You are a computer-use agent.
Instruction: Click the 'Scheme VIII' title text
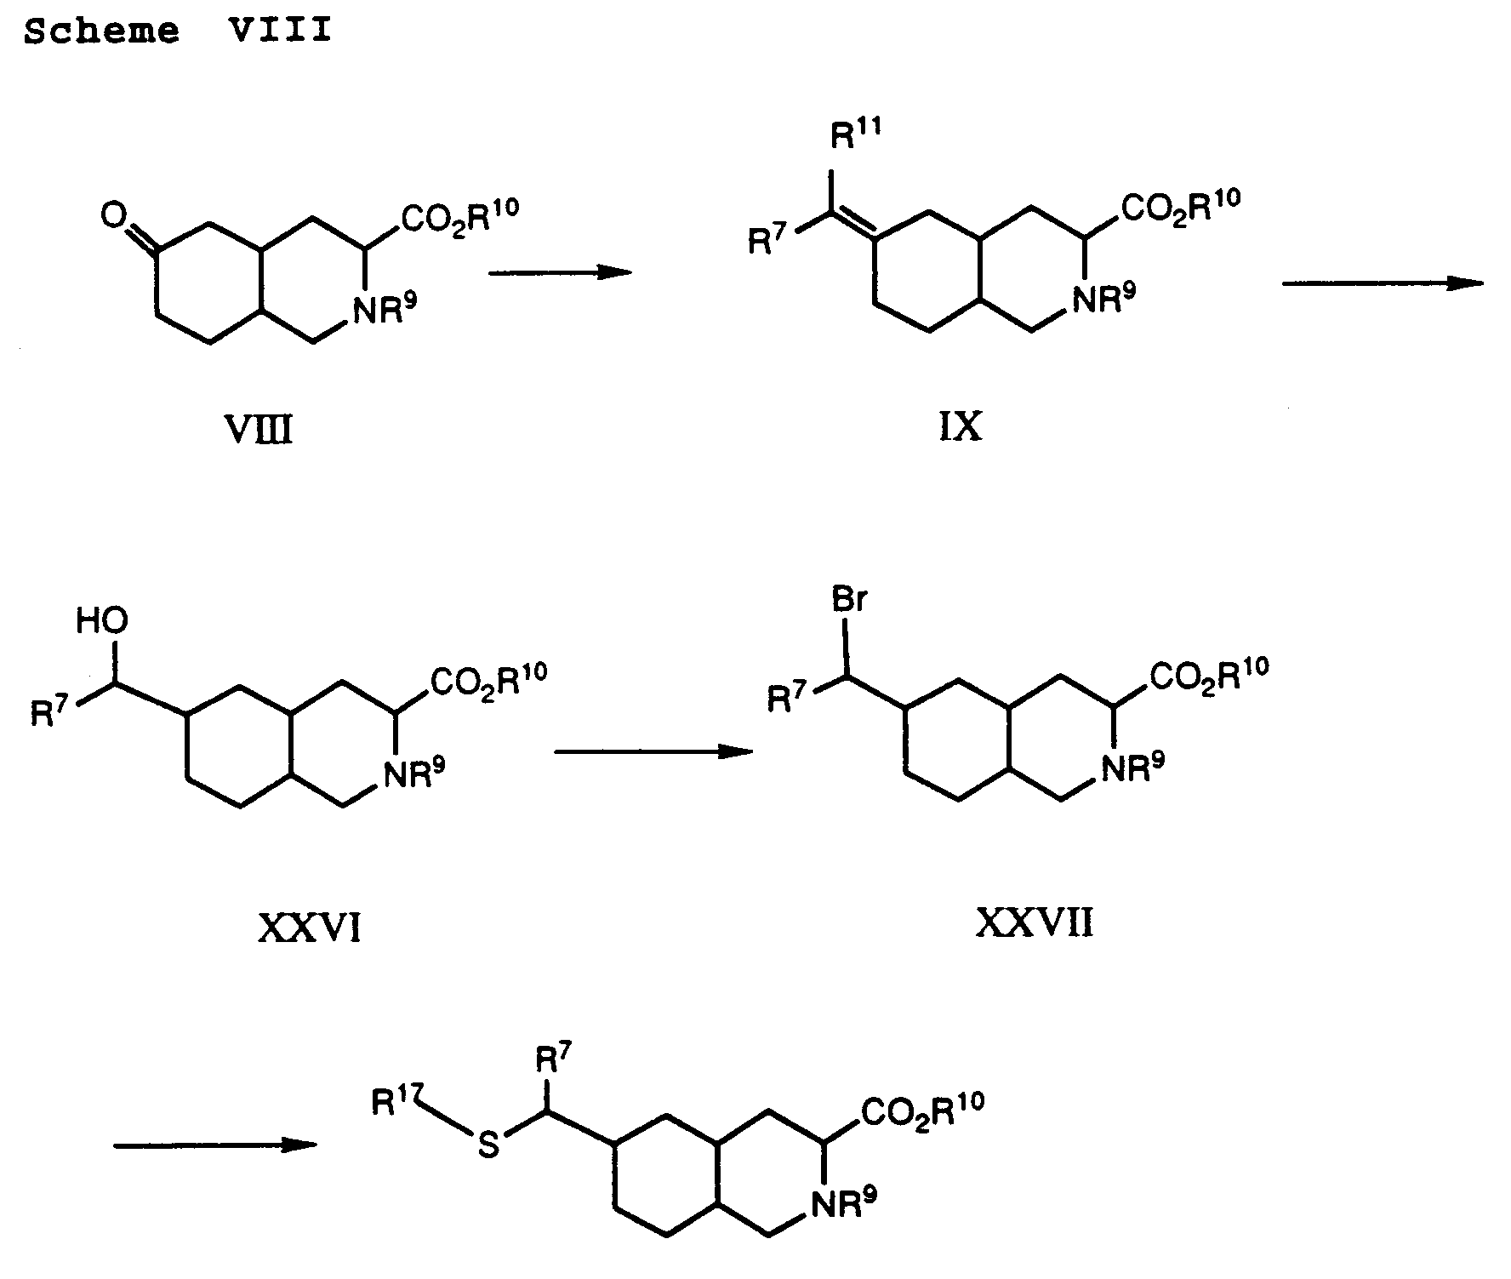pos(177,31)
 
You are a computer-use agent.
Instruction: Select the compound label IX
pos(960,427)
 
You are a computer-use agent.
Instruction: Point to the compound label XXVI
pos(309,928)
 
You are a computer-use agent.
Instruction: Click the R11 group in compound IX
pos(856,136)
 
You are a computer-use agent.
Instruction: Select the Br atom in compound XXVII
pos(848,602)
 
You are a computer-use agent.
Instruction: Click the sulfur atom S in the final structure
pos(488,1146)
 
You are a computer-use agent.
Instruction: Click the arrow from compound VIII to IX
pos(560,272)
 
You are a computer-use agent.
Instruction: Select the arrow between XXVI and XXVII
pos(653,751)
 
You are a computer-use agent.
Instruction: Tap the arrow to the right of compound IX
pos(1383,283)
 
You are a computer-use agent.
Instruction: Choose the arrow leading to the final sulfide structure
pos(214,1145)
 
